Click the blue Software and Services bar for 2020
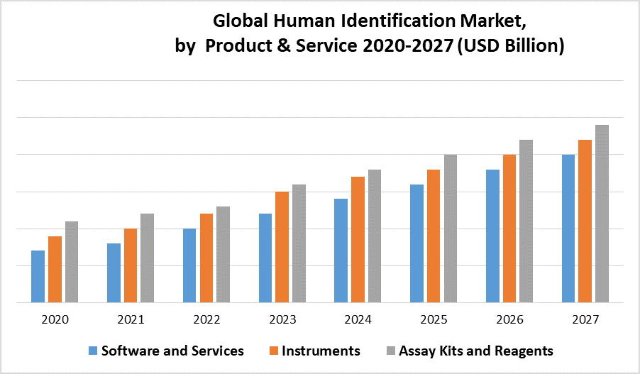[38, 276]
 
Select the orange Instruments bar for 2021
[131, 265]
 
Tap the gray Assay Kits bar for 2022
[223, 254]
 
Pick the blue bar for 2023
[265, 258]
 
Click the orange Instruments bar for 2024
[358, 239]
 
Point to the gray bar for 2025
[451, 229]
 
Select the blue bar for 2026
[492, 236]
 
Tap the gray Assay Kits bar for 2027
[602, 214]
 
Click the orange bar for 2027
[585, 221]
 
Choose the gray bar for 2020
[71, 262]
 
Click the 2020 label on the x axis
[55, 319]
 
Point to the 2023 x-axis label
[282, 319]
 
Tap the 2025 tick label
[434, 319]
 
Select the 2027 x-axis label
[585, 319]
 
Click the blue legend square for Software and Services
[93, 351]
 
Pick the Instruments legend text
[321, 351]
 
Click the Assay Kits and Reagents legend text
[476, 351]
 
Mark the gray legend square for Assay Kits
[391, 351]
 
